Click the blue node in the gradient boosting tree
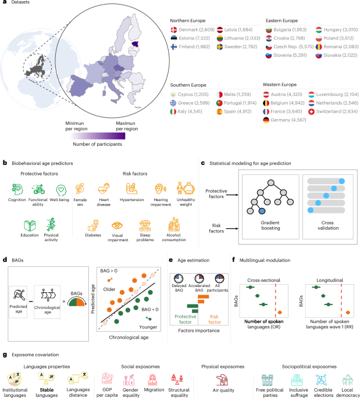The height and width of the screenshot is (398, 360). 263,227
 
